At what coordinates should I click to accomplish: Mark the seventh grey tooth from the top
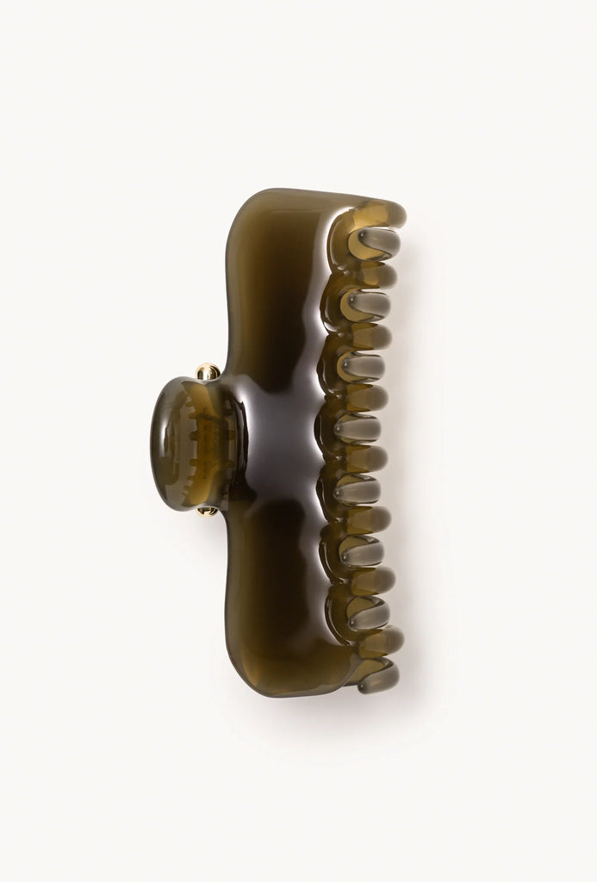(368, 612)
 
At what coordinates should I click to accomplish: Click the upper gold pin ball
(207, 373)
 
